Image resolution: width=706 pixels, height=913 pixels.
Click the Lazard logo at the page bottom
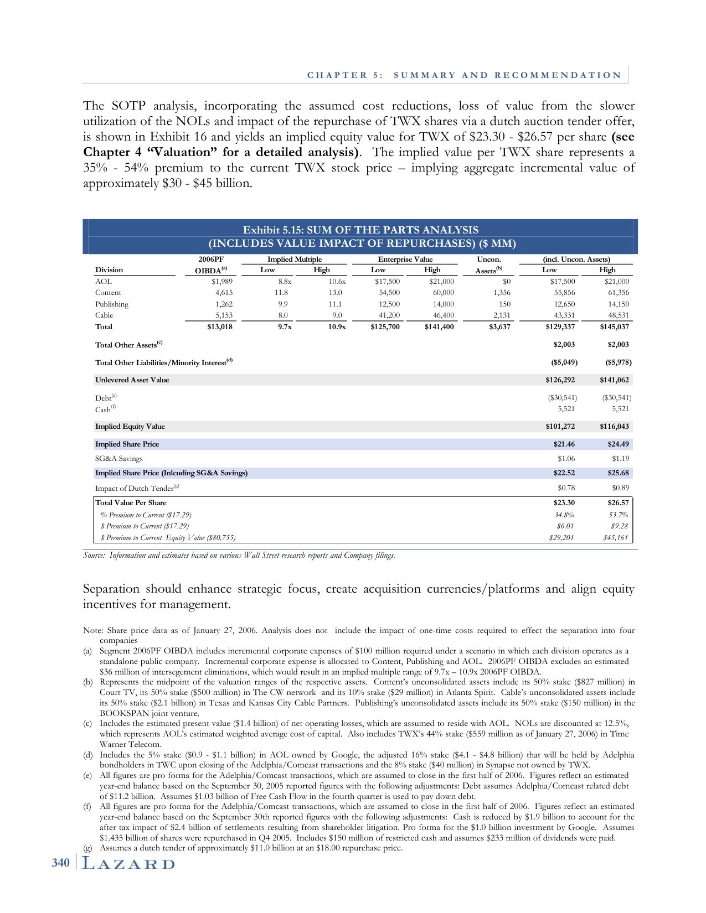pyautogui.click(x=128, y=864)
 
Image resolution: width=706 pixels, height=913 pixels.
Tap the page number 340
pyautogui.click(x=61, y=863)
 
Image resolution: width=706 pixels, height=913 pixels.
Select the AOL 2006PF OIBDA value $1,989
pyautogui.click(x=221, y=281)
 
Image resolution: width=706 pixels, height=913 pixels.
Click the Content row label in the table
pyautogui.click(x=108, y=293)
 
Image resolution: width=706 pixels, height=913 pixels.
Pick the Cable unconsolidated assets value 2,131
pyautogui.click(x=501, y=315)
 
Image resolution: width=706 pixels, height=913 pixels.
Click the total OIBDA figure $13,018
pyautogui.click(x=219, y=327)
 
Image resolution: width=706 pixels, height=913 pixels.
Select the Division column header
pyautogui.click(x=109, y=270)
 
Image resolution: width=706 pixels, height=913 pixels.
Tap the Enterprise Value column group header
pyautogui.click(x=405, y=259)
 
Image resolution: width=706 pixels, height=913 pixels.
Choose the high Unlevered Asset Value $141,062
pyautogui.click(x=615, y=380)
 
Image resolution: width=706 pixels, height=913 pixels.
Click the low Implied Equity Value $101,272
pyautogui.click(x=561, y=427)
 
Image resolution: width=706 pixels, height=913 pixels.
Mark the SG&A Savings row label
pyautogui.click(x=118, y=459)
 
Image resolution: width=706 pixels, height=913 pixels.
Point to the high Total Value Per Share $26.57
pyautogui.click(x=618, y=503)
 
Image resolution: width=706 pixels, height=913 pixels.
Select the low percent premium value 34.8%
pyautogui.click(x=564, y=515)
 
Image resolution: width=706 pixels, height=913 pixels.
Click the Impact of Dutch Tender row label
pyautogui.click(x=134, y=488)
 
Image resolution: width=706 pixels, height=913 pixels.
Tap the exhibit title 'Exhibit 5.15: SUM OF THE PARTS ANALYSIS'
pyautogui.click(x=360, y=230)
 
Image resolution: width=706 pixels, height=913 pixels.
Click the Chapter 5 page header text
pyautogui.click(x=464, y=75)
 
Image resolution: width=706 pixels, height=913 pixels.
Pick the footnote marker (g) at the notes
pyautogui.click(x=87, y=848)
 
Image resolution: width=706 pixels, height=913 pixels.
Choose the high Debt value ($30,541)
pyautogui.click(x=616, y=398)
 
